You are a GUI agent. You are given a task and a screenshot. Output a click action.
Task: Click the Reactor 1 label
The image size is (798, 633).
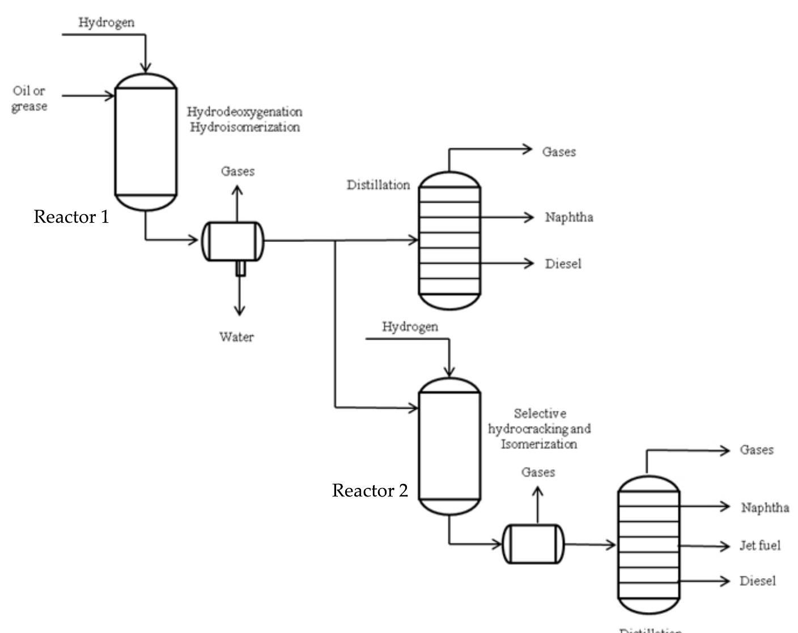(71, 216)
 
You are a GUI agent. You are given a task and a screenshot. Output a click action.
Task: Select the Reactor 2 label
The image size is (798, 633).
(370, 490)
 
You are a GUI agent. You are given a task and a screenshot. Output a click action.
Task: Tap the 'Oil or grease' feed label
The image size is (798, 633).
(29, 99)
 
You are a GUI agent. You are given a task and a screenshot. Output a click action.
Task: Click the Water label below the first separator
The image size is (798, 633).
(236, 337)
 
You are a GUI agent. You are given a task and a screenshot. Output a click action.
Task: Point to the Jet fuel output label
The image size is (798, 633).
(759, 546)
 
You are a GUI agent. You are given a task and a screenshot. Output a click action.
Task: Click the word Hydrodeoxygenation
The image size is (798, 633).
(244, 112)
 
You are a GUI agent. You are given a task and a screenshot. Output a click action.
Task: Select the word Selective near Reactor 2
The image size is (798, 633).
(540, 414)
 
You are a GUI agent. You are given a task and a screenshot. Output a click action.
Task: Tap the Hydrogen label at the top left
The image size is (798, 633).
(106, 22)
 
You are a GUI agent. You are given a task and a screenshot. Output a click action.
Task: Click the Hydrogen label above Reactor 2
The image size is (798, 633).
(410, 326)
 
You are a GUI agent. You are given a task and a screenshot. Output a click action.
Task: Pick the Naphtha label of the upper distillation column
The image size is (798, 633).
(569, 217)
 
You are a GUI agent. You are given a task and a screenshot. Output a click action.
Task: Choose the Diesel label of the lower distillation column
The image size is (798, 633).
(757, 581)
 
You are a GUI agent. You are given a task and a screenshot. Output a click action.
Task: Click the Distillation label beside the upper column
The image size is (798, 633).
(378, 185)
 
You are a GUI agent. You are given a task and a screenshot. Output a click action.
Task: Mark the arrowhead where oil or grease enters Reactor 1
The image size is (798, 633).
(110, 96)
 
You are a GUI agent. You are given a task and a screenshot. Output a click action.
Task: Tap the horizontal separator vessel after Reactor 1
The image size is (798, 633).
(233, 241)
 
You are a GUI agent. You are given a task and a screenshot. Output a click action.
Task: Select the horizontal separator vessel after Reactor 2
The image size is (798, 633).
(534, 544)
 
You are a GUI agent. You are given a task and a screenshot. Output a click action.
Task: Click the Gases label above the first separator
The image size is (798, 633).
(237, 171)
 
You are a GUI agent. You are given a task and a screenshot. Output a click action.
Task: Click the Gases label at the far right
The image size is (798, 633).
(756, 450)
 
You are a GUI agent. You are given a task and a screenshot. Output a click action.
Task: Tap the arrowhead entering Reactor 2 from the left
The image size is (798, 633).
(413, 407)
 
